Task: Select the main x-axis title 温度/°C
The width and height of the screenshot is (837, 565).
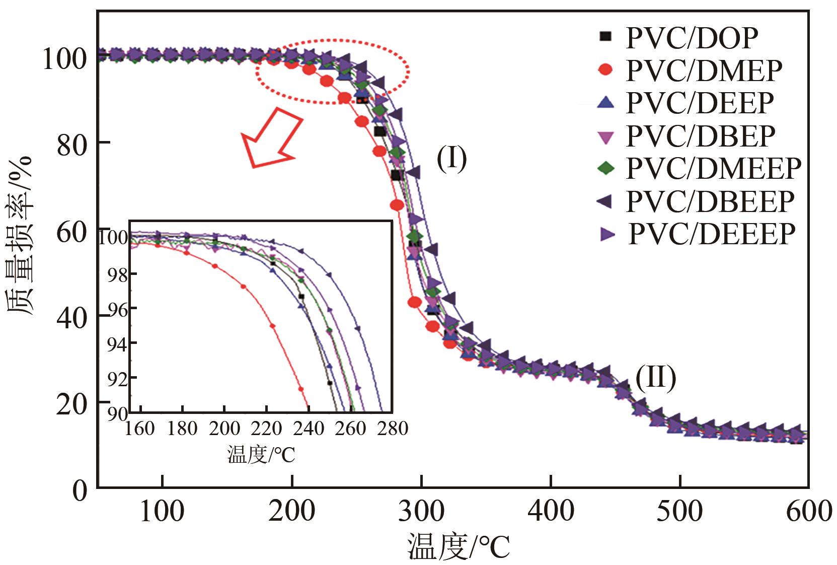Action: (458, 548)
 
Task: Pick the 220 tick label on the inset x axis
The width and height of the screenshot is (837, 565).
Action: (267, 429)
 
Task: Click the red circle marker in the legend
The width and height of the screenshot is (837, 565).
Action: (606, 70)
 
